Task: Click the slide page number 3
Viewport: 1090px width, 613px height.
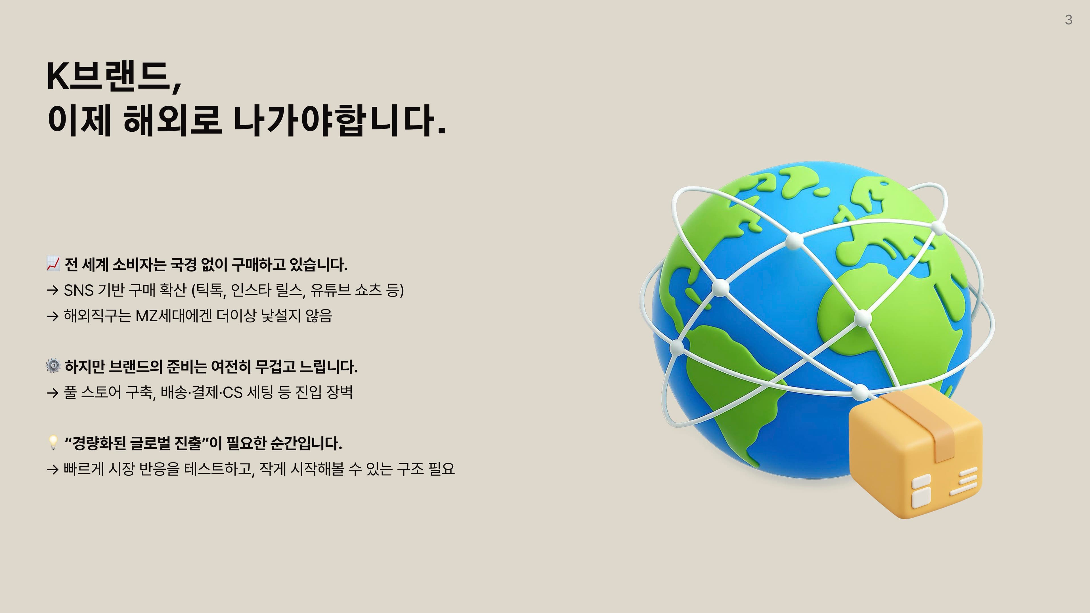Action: point(1068,20)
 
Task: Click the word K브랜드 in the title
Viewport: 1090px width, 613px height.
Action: point(114,76)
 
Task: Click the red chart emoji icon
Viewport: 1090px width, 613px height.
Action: point(53,264)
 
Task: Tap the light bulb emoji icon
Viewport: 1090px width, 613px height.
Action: point(53,442)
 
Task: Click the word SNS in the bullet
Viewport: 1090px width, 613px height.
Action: point(79,290)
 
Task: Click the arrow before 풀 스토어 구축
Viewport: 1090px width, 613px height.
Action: point(53,393)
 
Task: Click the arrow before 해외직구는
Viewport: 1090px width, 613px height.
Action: point(53,316)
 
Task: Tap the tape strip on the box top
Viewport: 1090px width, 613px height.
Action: point(923,423)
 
